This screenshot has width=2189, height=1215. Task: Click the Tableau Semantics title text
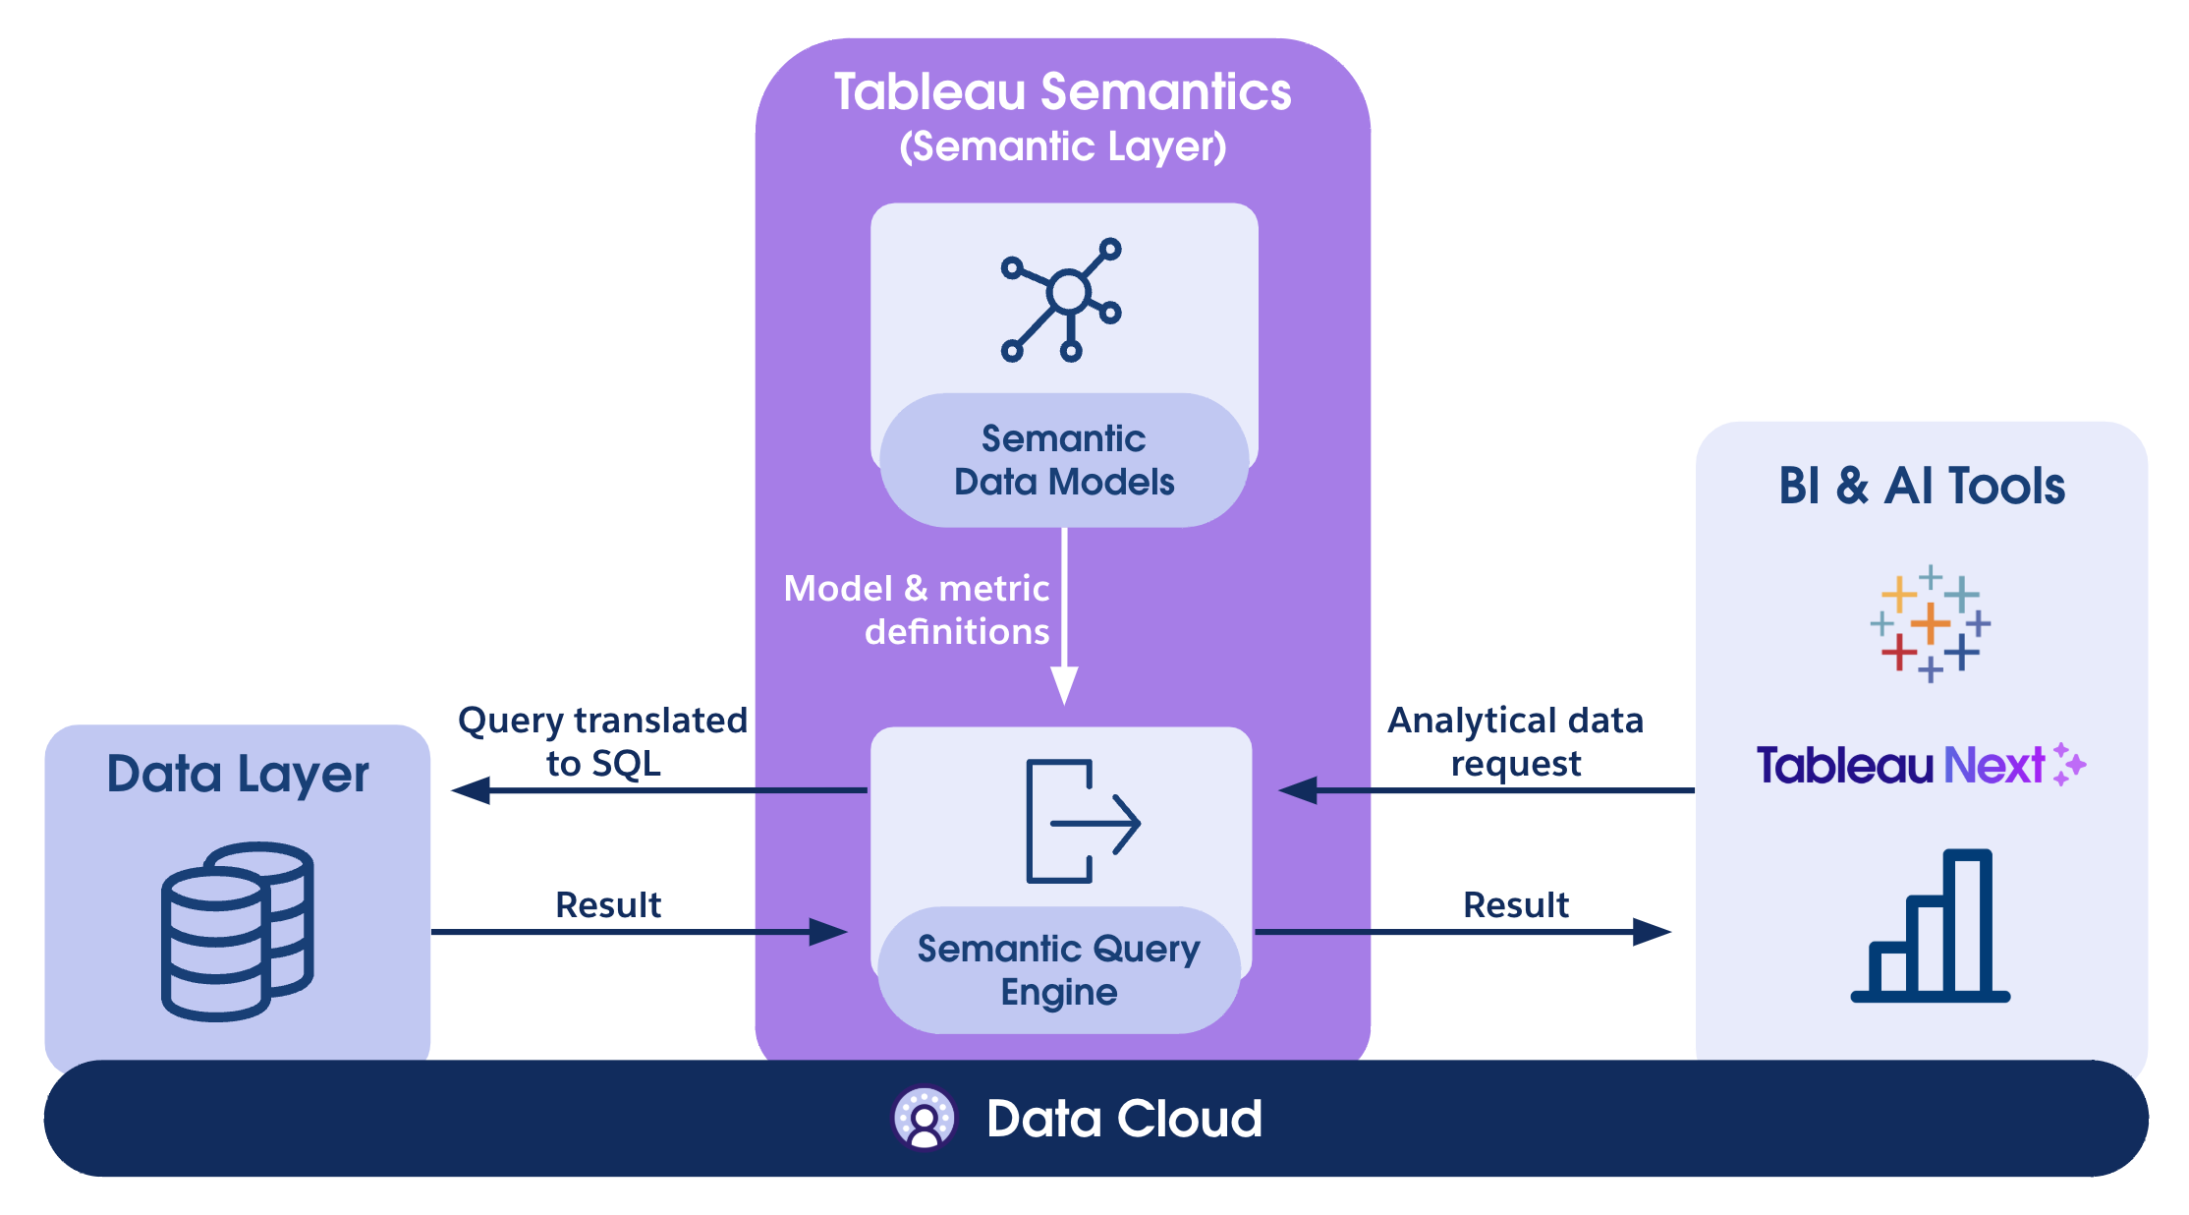pyautogui.click(x=1062, y=92)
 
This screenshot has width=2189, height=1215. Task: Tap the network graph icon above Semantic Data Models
pyautogui.click(x=1063, y=299)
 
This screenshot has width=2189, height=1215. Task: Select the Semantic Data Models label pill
pyautogui.click(x=1064, y=460)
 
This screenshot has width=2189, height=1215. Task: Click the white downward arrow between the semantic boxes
pyautogui.click(x=1064, y=619)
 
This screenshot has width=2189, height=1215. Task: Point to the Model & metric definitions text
pyautogui.click(x=917, y=609)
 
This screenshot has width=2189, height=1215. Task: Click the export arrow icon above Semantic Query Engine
pyautogui.click(x=1081, y=822)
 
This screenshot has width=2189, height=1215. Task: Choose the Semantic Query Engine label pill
pyautogui.click(x=1059, y=969)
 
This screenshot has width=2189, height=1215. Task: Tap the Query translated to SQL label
pyautogui.click(x=602, y=741)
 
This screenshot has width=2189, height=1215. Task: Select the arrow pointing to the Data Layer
pyautogui.click(x=658, y=790)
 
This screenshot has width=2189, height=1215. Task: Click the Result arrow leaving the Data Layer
pyautogui.click(x=639, y=932)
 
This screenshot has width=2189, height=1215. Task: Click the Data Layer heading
pyautogui.click(x=238, y=775)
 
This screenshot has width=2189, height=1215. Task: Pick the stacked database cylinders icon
pyautogui.click(x=238, y=930)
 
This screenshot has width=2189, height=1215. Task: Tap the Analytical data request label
pyautogui.click(x=1515, y=741)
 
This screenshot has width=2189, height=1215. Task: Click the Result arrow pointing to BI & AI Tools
pyautogui.click(x=1464, y=932)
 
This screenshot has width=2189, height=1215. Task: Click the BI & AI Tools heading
pyautogui.click(x=1922, y=486)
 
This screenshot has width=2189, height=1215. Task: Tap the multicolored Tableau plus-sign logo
pyautogui.click(x=1930, y=623)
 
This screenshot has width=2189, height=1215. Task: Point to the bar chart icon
pyautogui.click(x=1930, y=926)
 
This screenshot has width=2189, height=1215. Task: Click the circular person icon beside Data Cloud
pyautogui.click(x=924, y=1119)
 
